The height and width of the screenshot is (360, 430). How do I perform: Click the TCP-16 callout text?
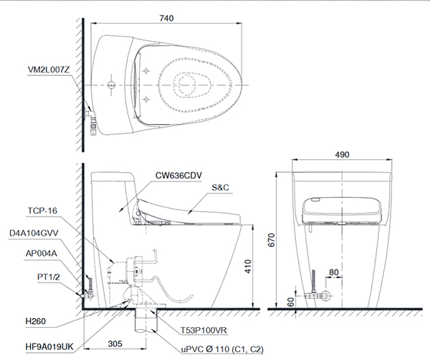tap(42, 212)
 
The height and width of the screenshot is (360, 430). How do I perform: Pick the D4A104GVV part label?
tap(36, 233)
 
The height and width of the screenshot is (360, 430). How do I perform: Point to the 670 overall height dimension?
tap(271, 242)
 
